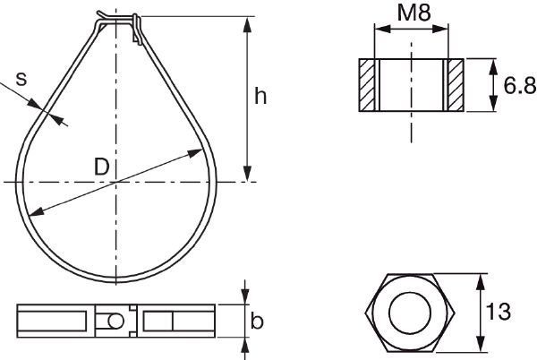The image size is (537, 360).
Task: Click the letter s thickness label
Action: click(21, 79)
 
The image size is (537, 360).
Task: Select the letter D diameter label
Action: click(101, 166)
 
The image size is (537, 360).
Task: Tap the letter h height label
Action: click(260, 98)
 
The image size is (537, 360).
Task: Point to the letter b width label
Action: click(258, 321)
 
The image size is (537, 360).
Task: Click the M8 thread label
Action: click(411, 15)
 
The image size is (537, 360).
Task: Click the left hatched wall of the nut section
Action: click(368, 86)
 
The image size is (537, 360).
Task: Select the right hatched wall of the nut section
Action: click(455, 86)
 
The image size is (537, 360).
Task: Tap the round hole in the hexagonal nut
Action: click(412, 313)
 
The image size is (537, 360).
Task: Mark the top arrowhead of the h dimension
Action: click(247, 21)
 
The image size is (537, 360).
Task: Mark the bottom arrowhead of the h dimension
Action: click(247, 176)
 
